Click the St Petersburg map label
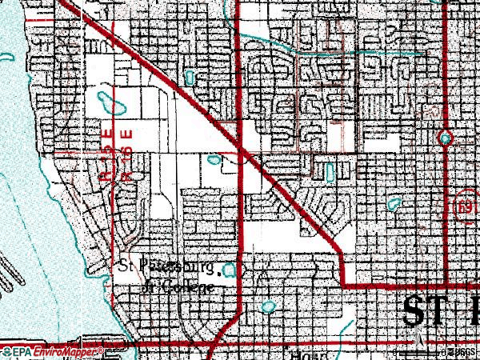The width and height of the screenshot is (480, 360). tap(166, 265)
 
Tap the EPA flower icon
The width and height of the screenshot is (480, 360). tap(6, 351)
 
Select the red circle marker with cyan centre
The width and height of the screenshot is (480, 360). tap(446, 138)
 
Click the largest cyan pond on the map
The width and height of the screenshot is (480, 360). tap(105, 102)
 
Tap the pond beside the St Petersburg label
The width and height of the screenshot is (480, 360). tap(232, 270)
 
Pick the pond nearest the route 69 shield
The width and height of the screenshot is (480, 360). tap(394, 205)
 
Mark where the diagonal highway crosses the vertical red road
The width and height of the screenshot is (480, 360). tap(241, 148)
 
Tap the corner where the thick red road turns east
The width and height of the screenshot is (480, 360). tap(343, 284)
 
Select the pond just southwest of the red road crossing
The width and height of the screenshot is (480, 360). tap(214, 159)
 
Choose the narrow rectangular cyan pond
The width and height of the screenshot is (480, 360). tap(328, 171)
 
